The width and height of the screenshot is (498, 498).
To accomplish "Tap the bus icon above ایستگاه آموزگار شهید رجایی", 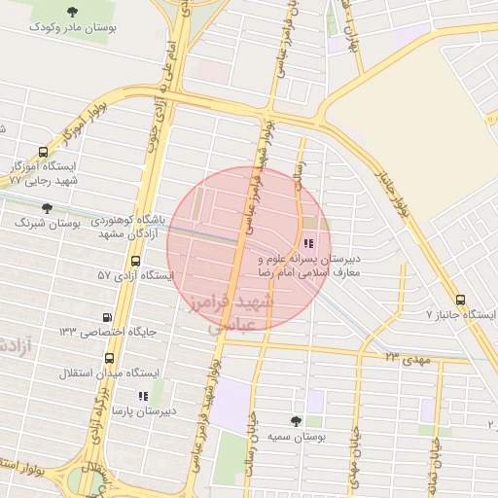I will [x=43, y=152].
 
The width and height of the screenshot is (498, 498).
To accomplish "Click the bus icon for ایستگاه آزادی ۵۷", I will [x=135, y=261].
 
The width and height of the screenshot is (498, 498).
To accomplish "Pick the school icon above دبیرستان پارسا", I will [x=143, y=396].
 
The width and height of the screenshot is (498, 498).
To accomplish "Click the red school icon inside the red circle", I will [x=308, y=244].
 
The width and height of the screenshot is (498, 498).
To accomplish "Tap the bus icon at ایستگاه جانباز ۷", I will [x=460, y=300].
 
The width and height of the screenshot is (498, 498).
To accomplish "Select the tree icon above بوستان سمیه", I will [x=296, y=420].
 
